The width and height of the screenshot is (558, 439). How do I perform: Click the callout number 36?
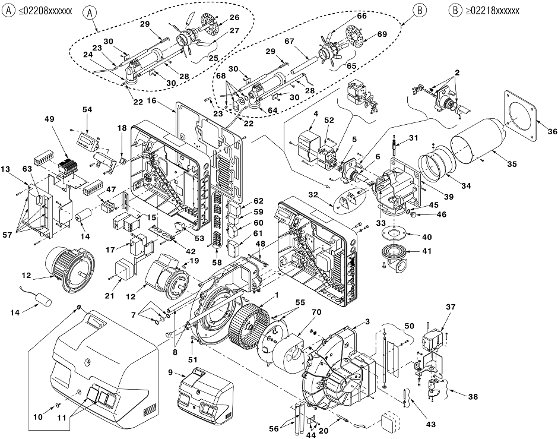[x=552, y=131]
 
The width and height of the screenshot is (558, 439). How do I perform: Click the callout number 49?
[x=49, y=119]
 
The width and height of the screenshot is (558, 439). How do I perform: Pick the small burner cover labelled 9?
[x=205, y=396]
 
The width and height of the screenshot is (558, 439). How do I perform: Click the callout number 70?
[x=316, y=312]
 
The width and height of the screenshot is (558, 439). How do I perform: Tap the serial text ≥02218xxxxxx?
[x=492, y=11]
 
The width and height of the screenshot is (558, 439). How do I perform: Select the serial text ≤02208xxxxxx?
[x=45, y=11]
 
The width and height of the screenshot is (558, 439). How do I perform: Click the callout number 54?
[x=87, y=110]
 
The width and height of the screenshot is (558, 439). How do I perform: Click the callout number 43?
[x=430, y=424]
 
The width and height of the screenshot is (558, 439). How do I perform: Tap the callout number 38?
[x=473, y=396]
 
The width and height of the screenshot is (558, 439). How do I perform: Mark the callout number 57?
[x=8, y=235]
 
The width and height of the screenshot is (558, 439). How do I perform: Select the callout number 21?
[x=110, y=295]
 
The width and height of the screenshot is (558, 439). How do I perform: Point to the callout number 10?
[x=38, y=416]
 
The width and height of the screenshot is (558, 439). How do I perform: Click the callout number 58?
[x=217, y=263]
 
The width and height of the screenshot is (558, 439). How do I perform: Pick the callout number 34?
[x=466, y=185]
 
